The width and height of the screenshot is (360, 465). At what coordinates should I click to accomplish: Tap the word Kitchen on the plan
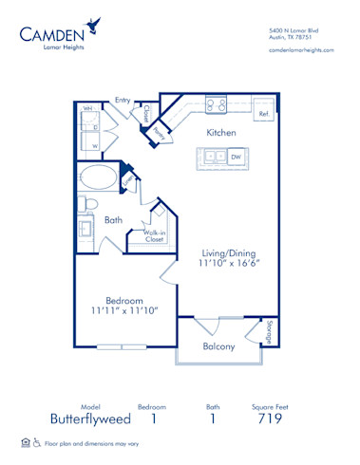click(x=221, y=133)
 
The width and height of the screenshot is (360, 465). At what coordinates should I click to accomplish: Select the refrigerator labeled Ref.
click(x=264, y=114)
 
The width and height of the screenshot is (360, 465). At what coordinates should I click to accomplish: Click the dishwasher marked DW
click(x=235, y=157)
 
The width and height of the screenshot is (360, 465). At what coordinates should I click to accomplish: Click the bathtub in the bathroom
click(x=99, y=178)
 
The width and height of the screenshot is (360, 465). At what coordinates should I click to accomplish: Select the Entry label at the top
click(x=123, y=100)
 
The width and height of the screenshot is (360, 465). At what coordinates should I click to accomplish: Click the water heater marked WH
click(x=87, y=110)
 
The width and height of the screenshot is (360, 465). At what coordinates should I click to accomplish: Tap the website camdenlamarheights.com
click(x=301, y=49)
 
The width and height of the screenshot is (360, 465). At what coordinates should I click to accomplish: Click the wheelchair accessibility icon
click(x=37, y=443)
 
